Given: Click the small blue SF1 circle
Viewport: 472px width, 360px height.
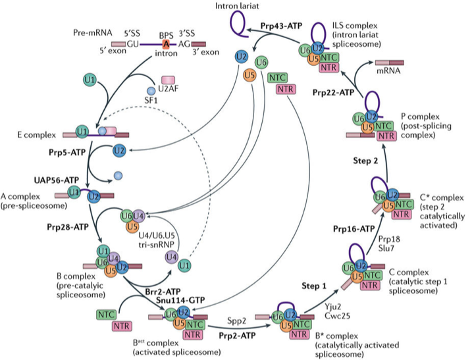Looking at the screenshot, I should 151,90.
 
